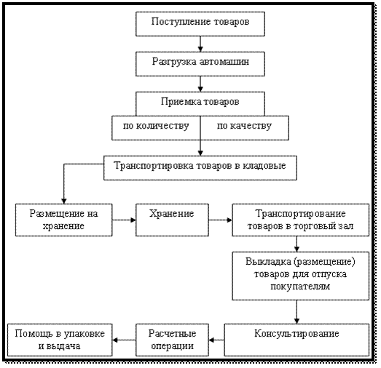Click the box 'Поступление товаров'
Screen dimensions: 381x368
coord(200,24)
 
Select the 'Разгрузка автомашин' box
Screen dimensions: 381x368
coord(200,64)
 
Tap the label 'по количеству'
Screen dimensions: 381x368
coord(156,126)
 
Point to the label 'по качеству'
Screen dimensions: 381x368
coord(244,126)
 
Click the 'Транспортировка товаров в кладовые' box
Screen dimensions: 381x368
coord(200,168)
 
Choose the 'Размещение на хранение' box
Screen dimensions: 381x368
coord(63,220)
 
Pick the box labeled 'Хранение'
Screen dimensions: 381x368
coord(172,220)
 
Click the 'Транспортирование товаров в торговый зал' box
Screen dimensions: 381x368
coord(301,220)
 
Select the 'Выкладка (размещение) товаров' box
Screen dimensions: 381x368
coord(301,276)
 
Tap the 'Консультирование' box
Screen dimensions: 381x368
coord(296,340)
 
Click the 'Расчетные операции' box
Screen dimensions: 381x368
coord(172,340)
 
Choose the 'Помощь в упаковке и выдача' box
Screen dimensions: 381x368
coord(60,340)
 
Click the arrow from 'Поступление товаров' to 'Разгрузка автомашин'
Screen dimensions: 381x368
coord(200,44)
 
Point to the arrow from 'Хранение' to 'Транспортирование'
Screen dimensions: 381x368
coord(221,220)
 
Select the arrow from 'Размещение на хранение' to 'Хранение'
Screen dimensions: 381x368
coord(124,220)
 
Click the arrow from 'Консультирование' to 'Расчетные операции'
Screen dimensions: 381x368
coord(216,340)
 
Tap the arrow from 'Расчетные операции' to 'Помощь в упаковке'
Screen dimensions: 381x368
coord(124,340)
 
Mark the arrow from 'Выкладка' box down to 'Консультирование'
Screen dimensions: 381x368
coord(296,312)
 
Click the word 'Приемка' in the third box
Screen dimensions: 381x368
coord(178,102)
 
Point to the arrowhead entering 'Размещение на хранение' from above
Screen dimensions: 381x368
coord(63,201)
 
